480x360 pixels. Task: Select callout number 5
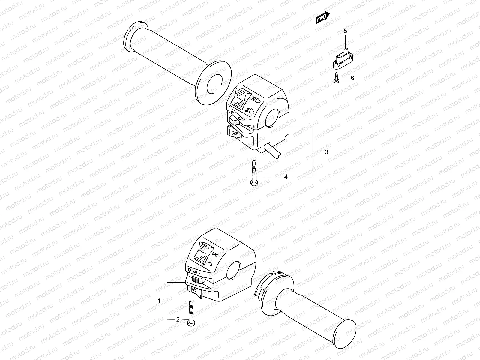[345, 31]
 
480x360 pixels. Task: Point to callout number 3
[327, 152]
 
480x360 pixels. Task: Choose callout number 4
[286, 177]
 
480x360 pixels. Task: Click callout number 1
[160, 300]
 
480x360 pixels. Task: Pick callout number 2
[178, 319]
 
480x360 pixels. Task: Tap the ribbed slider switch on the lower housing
[196, 280]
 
